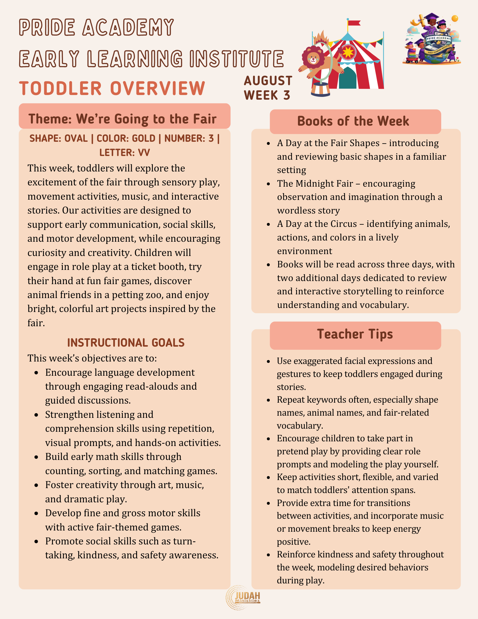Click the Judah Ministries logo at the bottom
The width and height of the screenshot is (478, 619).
243,597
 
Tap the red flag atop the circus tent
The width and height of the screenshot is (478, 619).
354,23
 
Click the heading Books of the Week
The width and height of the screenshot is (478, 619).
353,121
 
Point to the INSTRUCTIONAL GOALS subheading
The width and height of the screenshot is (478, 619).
126,343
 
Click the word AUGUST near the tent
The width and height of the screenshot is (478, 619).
268,81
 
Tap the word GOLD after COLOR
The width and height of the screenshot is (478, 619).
144,138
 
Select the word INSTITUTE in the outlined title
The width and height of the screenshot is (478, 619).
237,58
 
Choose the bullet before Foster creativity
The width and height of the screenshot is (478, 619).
37,485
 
